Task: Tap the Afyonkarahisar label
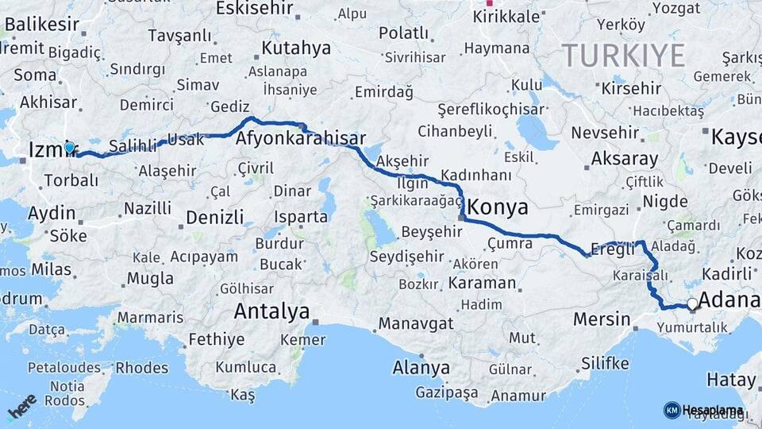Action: (x=301, y=139)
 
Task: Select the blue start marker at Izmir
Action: (x=70, y=147)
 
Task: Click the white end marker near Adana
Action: (x=692, y=303)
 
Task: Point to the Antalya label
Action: (x=271, y=312)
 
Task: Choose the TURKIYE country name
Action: (x=623, y=56)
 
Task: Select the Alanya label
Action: (x=421, y=369)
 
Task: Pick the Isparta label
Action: (x=300, y=217)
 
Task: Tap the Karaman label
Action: (x=481, y=283)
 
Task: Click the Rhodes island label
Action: (x=142, y=368)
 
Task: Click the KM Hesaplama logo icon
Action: (x=672, y=410)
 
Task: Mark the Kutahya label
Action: (x=295, y=48)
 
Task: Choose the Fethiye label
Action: (x=216, y=340)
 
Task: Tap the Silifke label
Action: (x=605, y=364)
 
